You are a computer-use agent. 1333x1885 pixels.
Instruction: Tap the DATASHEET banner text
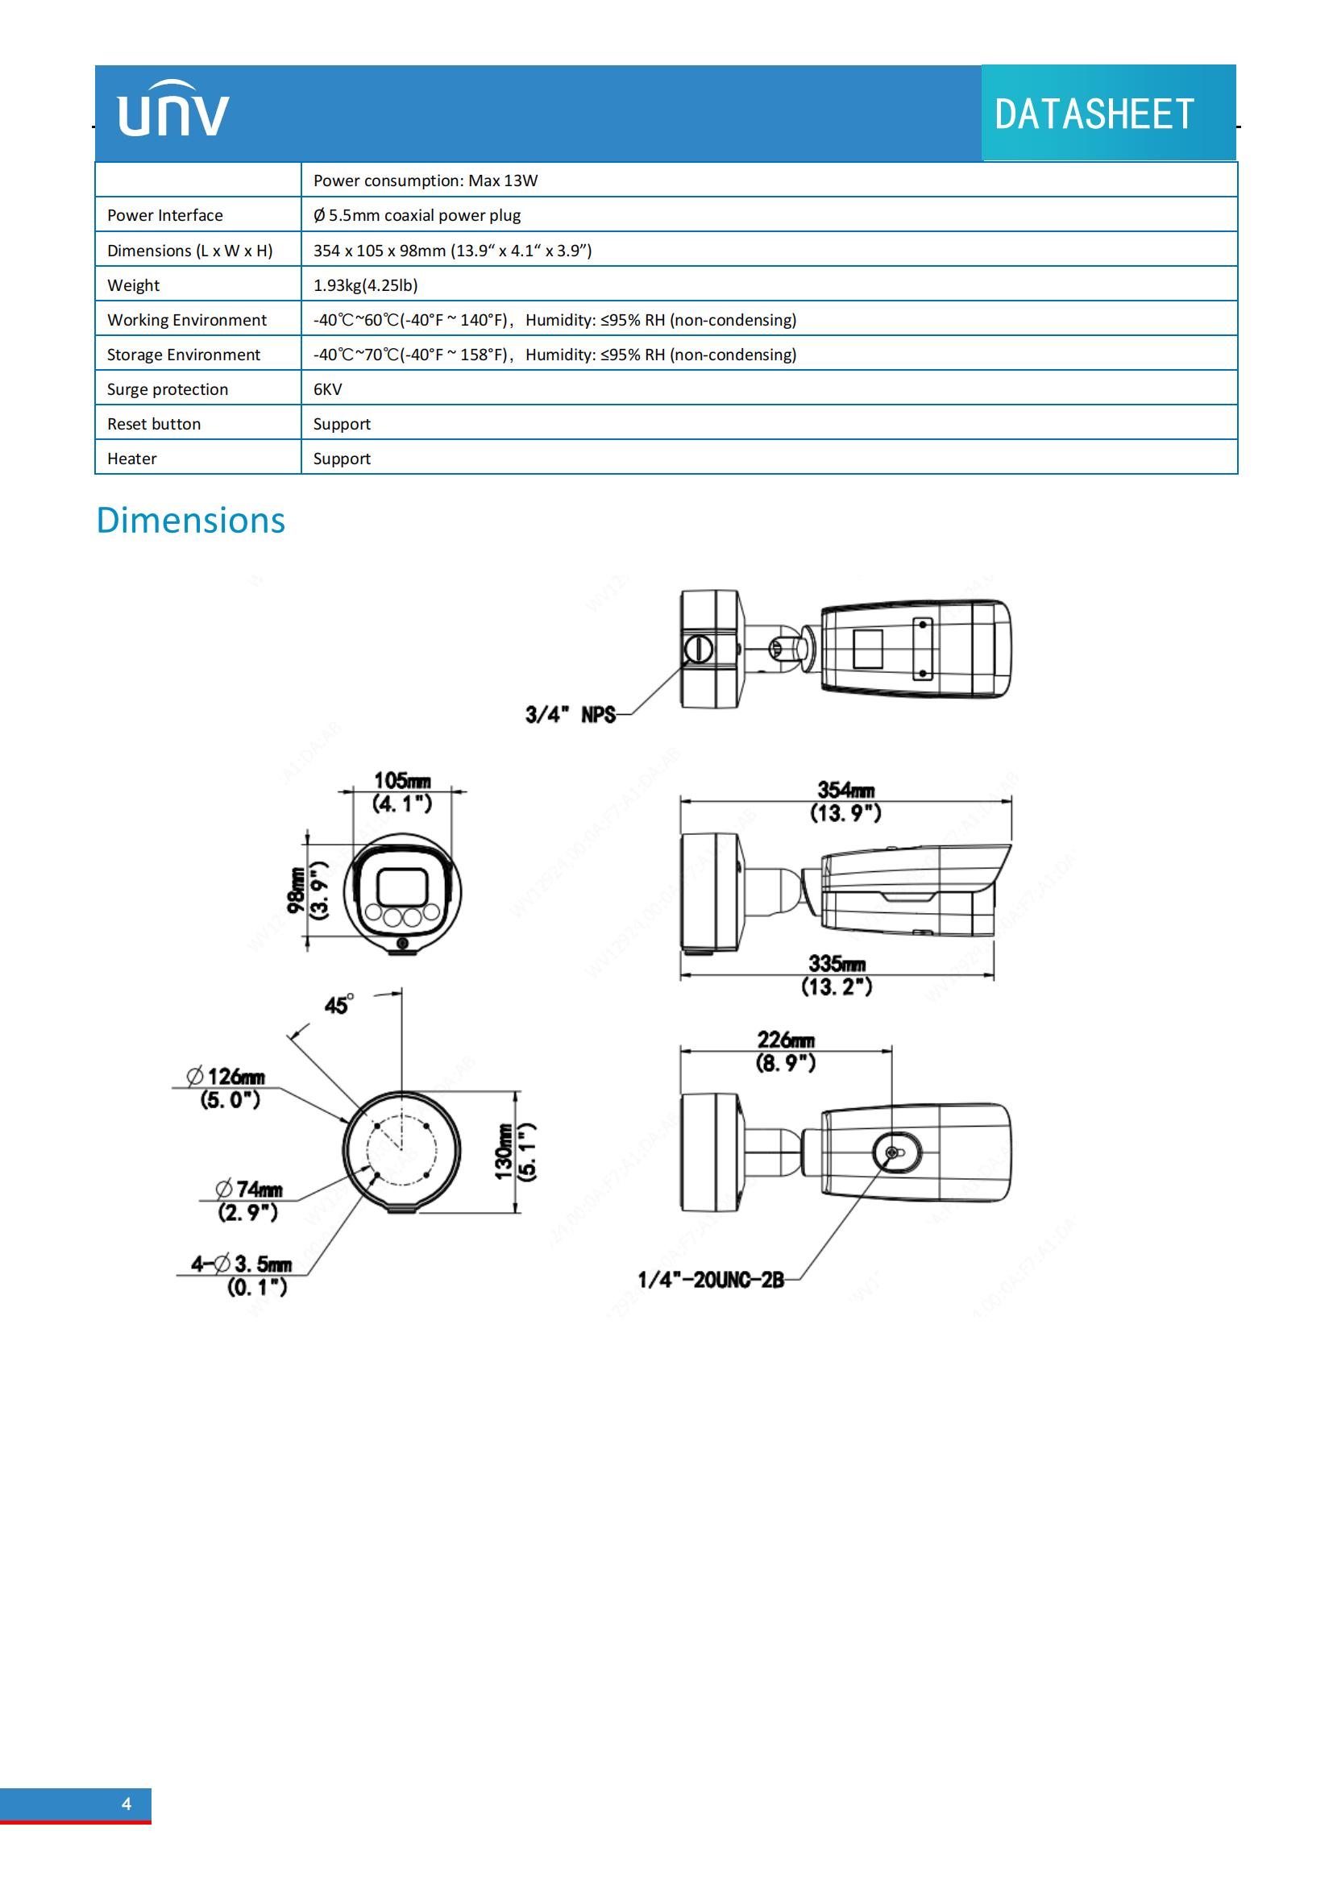tap(1094, 114)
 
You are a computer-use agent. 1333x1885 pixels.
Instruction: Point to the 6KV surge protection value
tap(327, 389)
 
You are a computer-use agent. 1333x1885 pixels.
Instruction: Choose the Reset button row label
tap(153, 424)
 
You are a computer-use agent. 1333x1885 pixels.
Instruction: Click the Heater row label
tap(131, 458)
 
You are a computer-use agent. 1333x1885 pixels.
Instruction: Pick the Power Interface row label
tap(165, 215)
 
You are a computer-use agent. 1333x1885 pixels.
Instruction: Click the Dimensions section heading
tap(190, 521)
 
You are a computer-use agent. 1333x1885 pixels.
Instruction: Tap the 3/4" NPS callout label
tap(571, 714)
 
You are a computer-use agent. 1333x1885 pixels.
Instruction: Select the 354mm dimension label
tap(845, 791)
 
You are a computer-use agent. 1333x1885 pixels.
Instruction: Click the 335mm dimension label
tap(837, 963)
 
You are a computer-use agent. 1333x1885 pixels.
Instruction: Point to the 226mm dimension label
tap(786, 1040)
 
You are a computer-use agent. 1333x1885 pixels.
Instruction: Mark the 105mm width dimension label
tap(402, 781)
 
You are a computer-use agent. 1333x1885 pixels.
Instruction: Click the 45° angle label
tap(339, 1004)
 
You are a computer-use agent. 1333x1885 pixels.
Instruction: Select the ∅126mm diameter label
tap(226, 1077)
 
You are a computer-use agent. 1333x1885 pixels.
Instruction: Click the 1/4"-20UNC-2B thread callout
tap(711, 1279)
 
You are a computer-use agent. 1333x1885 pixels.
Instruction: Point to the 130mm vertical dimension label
tap(503, 1151)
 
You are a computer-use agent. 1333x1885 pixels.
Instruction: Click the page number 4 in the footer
tap(127, 1803)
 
